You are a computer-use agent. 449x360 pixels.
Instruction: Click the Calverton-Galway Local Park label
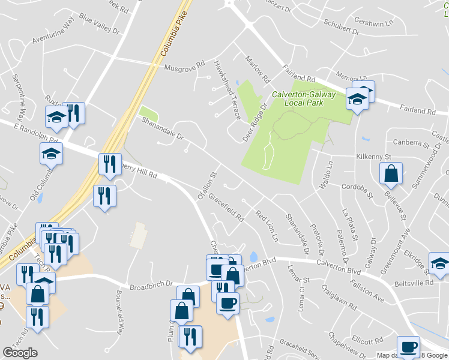click(298, 98)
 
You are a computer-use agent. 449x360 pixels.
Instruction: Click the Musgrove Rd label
click(185, 66)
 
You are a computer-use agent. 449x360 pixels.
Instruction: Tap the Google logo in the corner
click(20, 353)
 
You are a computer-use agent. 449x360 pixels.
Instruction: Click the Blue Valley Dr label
click(99, 27)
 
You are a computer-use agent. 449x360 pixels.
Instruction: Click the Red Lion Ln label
click(267, 226)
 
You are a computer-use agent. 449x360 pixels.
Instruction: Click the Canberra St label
click(411, 143)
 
